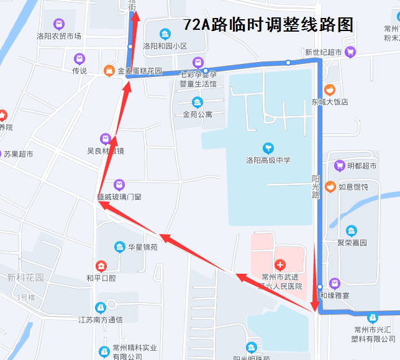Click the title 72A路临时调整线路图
pyautogui.click(x=268, y=25)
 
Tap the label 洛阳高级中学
pyautogui.click(x=267, y=160)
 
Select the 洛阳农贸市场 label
pyautogui.click(x=59, y=36)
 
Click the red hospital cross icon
pyautogui.click(x=280, y=265)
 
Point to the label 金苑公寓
pyautogui.click(x=198, y=114)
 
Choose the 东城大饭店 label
pyautogui.click(x=330, y=102)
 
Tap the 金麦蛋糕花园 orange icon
pyautogui.click(x=109, y=71)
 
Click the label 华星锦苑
pyautogui.click(x=142, y=247)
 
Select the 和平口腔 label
pyautogui.click(x=101, y=278)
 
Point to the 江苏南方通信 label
pyautogui.click(x=100, y=320)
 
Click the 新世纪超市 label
pyautogui.click(x=323, y=53)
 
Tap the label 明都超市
pyautogui.click(x=361, y=166)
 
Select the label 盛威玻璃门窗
pyautogui.click(x=119, y=196)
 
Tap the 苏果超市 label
pyautogui.click(x=19, y=153)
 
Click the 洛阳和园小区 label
pyautogui.click(x=165, y=46)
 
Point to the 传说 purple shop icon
pyautogui.click(x=79, y=59)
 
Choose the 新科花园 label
pyautogui.click(x=25, y=277)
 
